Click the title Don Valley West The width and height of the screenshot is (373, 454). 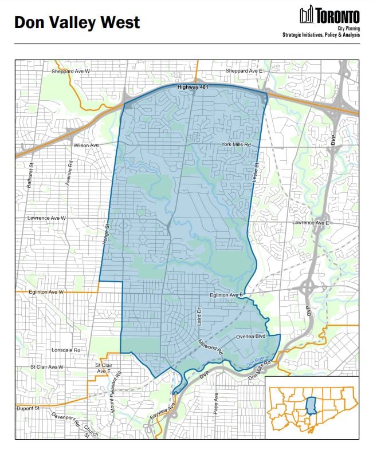77,22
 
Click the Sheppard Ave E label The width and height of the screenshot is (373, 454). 244,71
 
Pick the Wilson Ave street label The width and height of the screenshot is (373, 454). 87,145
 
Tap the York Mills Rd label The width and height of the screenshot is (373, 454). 237,145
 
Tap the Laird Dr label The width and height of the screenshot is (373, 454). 199,315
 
